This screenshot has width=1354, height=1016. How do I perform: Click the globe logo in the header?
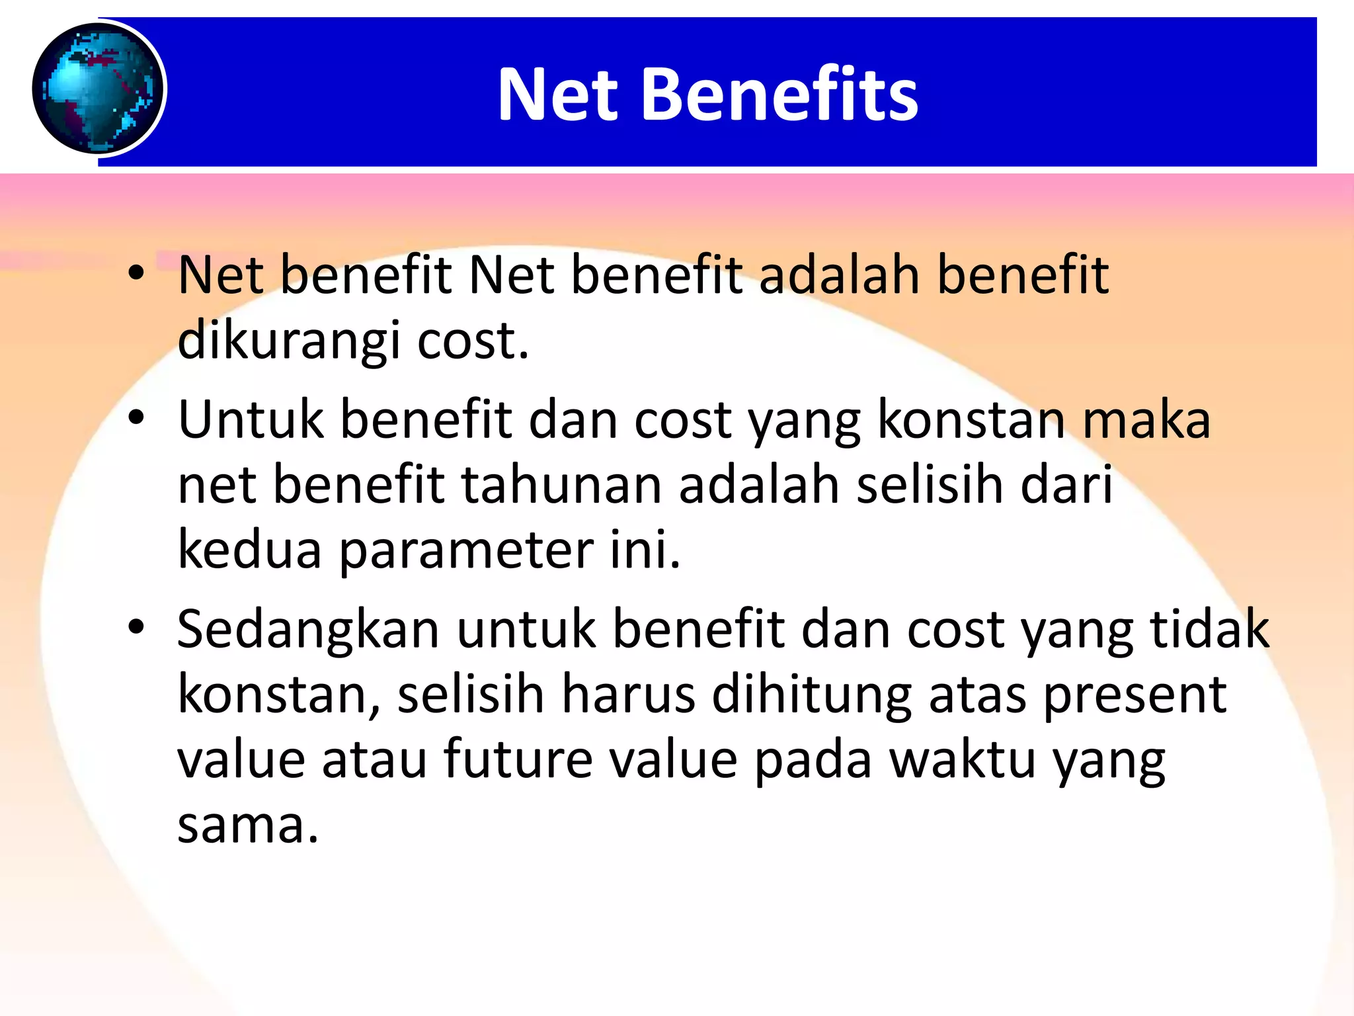(99, 88)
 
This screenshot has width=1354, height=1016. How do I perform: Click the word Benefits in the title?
(780, 95)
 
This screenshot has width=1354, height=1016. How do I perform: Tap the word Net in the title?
(558, 95)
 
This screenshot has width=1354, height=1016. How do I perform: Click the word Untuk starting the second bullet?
(251, 419)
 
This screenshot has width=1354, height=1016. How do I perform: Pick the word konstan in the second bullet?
(971, 419)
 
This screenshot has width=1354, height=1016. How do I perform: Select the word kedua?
(249, 550)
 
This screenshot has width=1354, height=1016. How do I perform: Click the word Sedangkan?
(308, 630)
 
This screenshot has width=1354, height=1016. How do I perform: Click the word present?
(1135, 696)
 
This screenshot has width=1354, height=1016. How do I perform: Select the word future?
(518, 759)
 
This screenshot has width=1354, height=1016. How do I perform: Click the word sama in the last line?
(248, 825)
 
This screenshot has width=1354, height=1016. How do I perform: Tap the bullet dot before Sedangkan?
(136, 628)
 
